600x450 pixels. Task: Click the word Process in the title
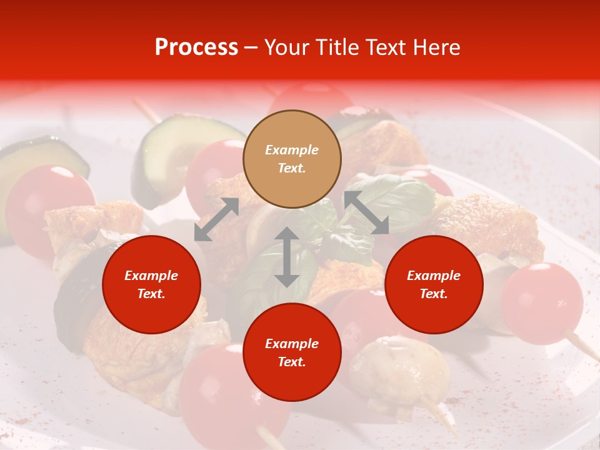click(x=196, y=47)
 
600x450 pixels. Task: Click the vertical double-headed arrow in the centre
click(x=287, y=257)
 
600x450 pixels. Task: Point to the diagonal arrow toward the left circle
click(x=216, y=219)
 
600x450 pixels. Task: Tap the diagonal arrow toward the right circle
click(x=366, y=212)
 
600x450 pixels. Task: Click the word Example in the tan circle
click(x=292, y=150)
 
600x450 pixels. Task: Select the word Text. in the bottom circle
click(x=292, y=362)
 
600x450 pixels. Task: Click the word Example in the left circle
click(x=151, y=276)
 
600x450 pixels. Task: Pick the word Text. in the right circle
click(x=434, y=294)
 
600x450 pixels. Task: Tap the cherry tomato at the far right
click(x=542, y=302)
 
